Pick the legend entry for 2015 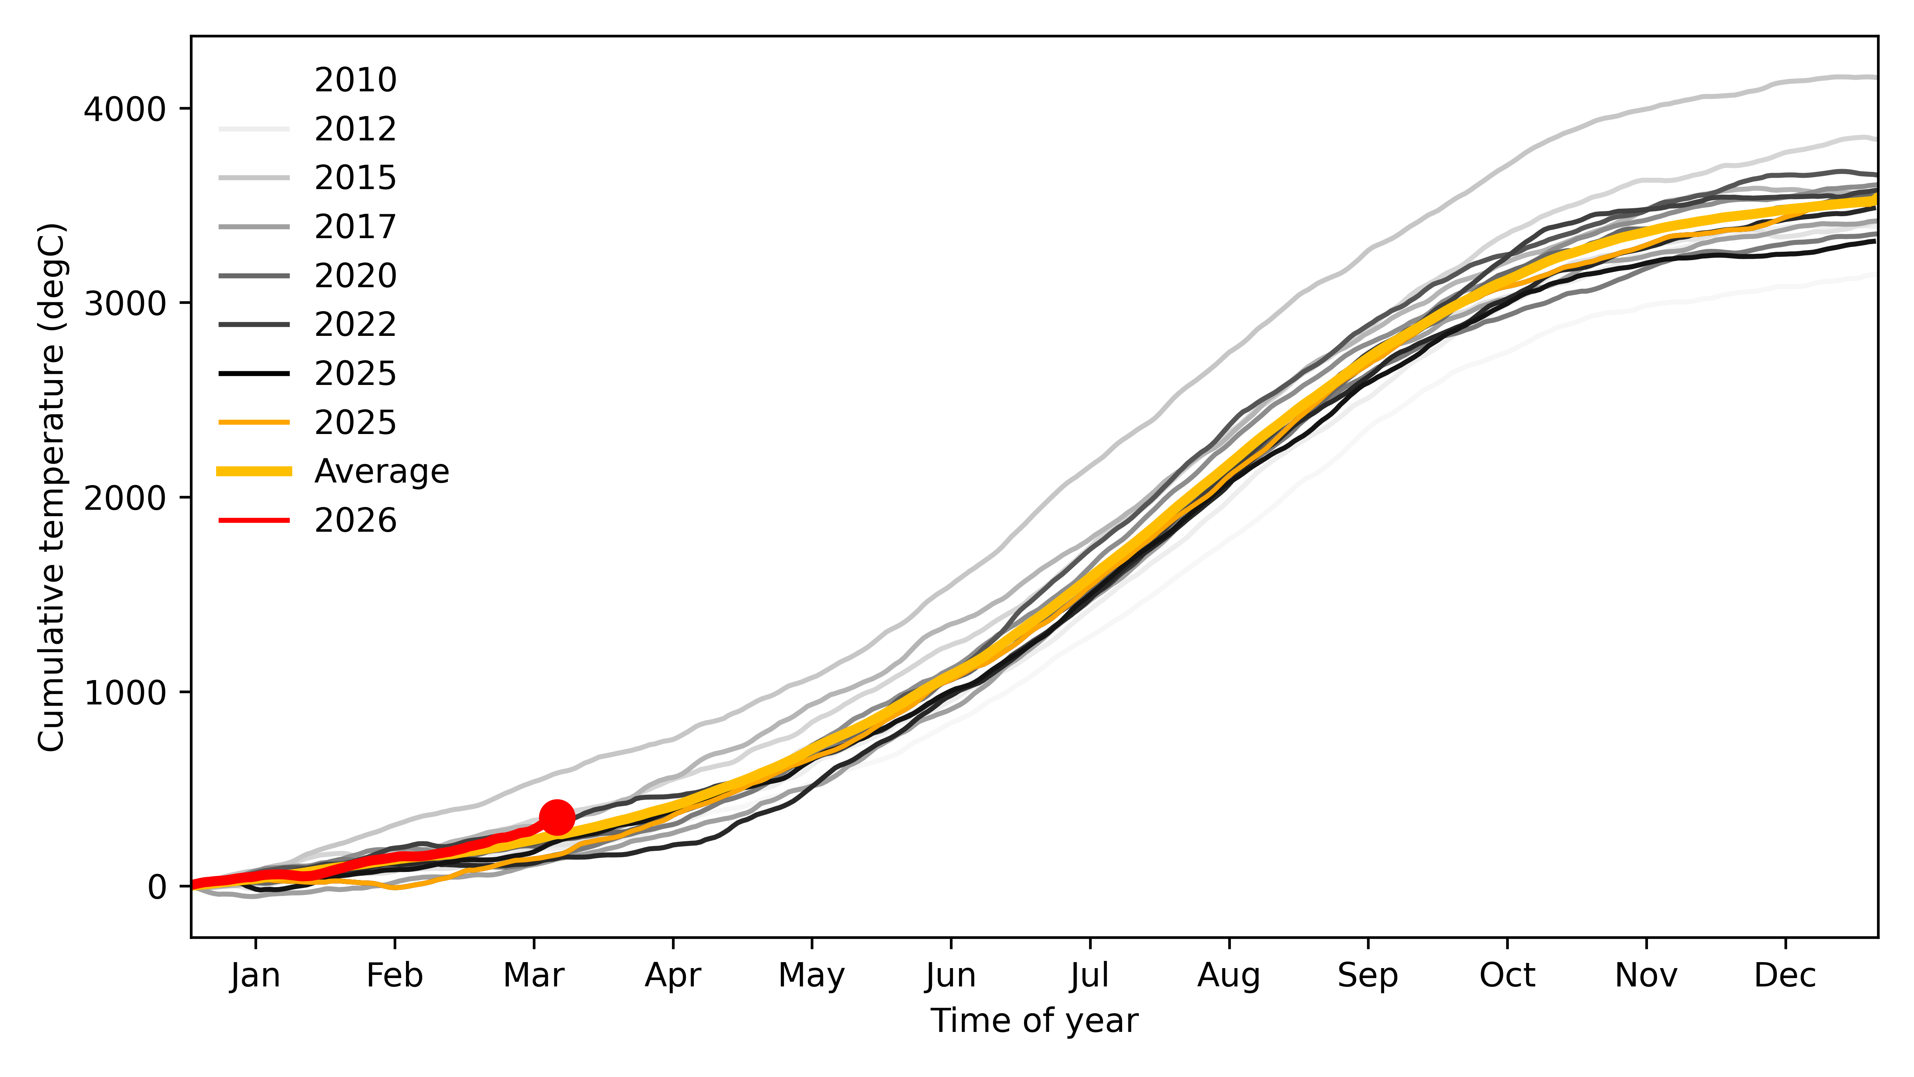355,178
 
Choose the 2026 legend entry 355,520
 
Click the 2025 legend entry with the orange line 355,422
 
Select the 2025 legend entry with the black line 355,373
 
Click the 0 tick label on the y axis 157,887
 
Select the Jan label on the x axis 256,975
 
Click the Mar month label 534,975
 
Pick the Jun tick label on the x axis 951,975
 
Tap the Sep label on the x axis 1368,975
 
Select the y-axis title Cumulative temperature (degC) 52,487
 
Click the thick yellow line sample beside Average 254,471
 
